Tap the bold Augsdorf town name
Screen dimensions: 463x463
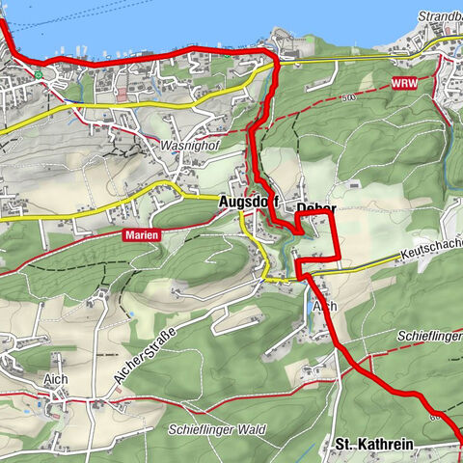[249, 203]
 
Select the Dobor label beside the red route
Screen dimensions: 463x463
[315, 208]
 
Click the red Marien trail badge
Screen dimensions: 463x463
[141, 234]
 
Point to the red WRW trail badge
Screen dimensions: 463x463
[405, 84]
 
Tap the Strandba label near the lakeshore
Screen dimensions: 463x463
[440, 16]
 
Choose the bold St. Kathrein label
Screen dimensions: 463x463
[373, 445]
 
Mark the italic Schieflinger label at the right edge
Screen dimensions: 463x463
[428, 335]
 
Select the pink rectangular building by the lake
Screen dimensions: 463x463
[122, 96]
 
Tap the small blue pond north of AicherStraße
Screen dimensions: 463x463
[128, 314]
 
